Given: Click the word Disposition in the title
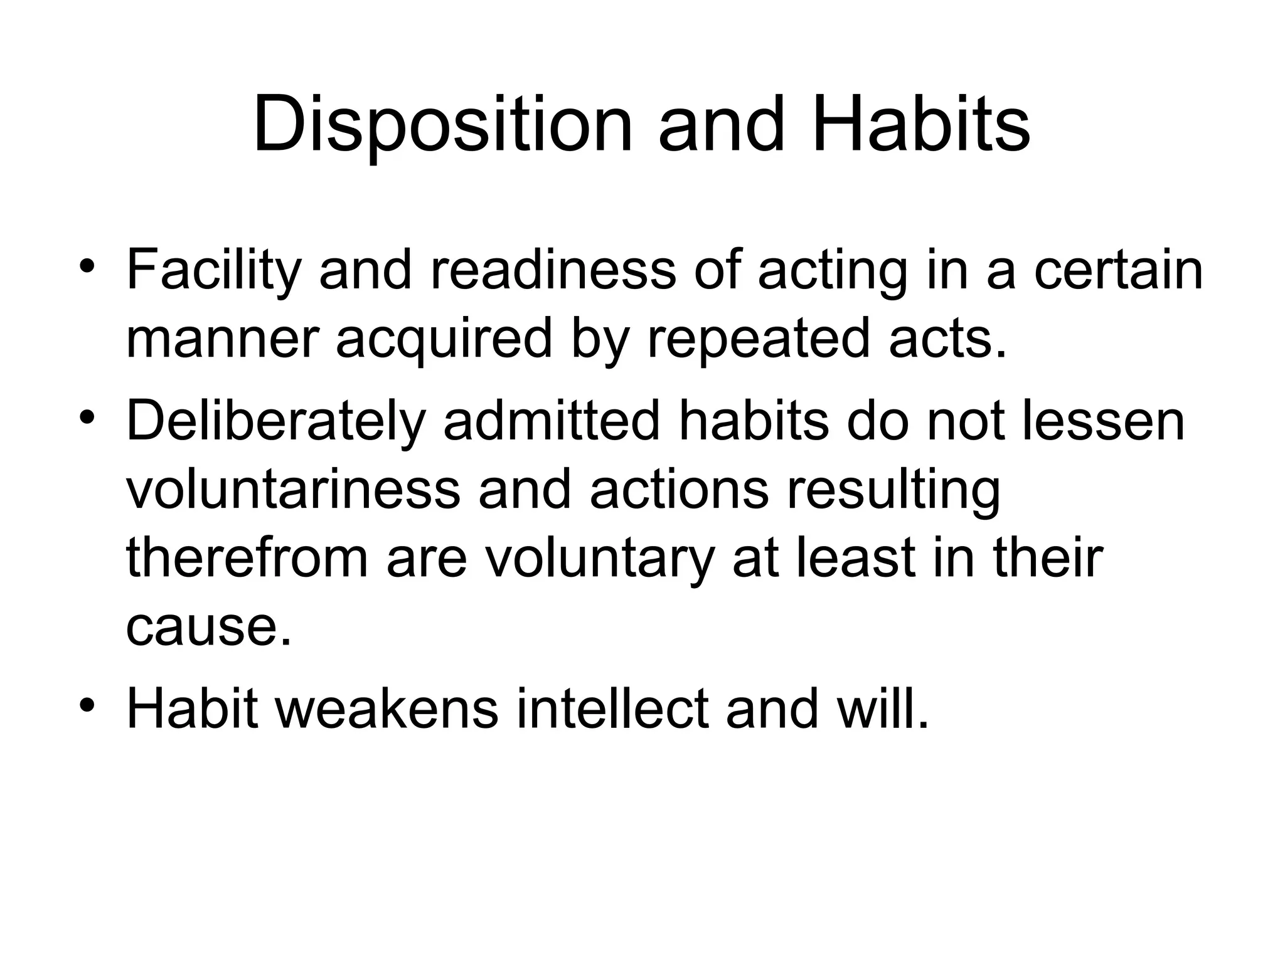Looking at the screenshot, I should coord(442,124).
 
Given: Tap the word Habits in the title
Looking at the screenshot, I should coord(920,123).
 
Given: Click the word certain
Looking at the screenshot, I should coord(1118,270).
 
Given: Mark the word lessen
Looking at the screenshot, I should coord(1104,420).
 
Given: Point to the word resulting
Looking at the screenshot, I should coord(893,490).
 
